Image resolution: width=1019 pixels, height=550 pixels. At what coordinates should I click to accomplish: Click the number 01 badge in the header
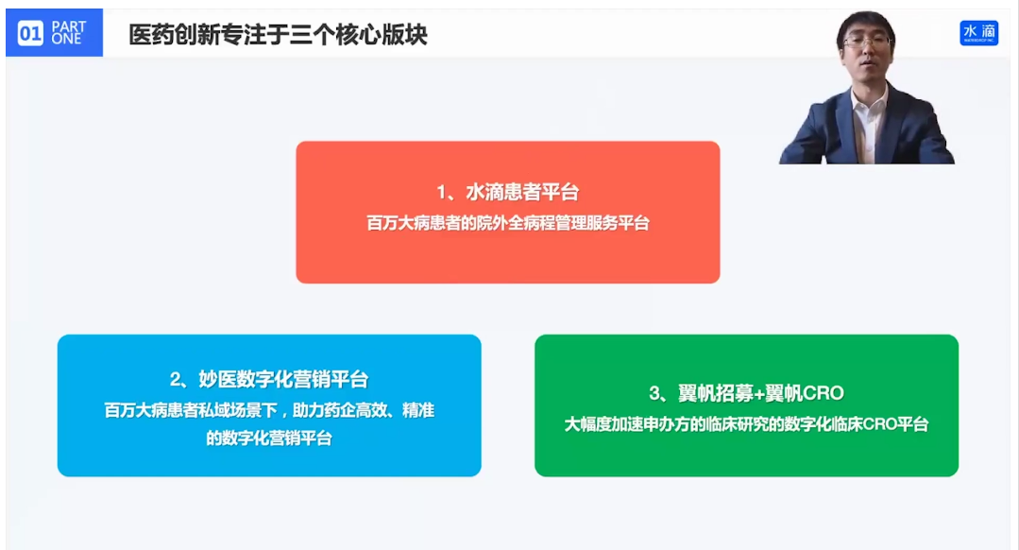tap(30, 32)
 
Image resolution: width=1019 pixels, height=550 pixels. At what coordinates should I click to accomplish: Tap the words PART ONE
tap(68, 32)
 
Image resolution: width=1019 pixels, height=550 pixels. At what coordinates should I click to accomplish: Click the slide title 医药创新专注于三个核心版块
tap(279, 34)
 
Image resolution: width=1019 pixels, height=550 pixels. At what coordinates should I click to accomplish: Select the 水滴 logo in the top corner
tap(978, 32)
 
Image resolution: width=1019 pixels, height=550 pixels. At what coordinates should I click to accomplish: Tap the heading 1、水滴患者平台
tap(507, 192)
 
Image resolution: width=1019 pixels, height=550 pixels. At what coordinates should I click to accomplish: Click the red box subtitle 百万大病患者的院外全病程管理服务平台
tap(507, 223)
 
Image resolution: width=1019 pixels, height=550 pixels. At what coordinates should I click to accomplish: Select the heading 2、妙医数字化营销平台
tap(269, 379)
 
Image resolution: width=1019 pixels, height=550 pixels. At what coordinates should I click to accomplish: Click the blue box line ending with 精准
tap(269, 410)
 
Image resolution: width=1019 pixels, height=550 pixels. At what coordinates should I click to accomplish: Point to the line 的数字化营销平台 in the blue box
tap(269, 438)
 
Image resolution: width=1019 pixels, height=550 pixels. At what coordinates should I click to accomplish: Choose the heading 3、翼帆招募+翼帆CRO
tap(746, 393)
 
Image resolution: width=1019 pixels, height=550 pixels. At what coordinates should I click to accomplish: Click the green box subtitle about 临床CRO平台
tap(746, 424)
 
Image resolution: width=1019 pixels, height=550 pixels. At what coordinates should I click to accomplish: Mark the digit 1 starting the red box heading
tap(442, 193)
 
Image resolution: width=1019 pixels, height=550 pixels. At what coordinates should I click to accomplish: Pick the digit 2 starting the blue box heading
tap(176, 380)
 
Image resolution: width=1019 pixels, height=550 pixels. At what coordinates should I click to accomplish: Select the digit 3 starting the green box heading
tap(654, 393)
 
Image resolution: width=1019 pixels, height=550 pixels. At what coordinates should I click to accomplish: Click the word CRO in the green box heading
tap(824, 393)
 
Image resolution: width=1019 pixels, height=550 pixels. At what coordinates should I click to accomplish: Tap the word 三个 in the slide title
tap(312, 34)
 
